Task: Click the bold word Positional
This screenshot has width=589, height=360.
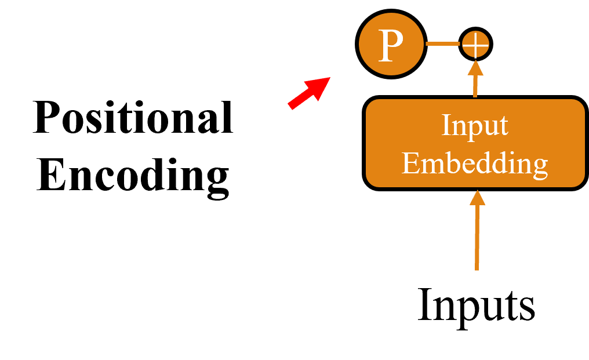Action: coord(133,118)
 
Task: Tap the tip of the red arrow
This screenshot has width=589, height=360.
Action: coord(328,78)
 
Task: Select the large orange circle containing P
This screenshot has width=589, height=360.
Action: coord(391,45)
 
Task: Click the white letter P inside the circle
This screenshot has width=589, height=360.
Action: coord(391,46)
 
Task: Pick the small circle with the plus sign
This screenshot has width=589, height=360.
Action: coord(475,44)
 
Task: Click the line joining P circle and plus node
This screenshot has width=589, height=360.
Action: coord(442,43)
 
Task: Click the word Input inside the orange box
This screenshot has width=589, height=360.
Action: coord(475,126)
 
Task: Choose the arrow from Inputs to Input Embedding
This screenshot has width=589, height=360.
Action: coord(477,238)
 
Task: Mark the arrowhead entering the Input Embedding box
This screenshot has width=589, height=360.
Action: coord(477,198)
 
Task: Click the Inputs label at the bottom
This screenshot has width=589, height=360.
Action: coord(476,306)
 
